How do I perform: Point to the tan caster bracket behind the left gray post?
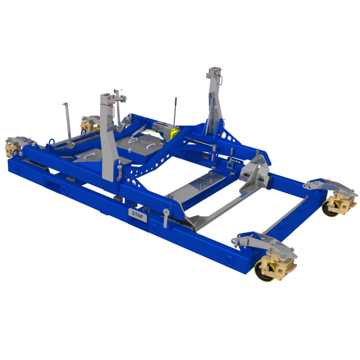(87, 124)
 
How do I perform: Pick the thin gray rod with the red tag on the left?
(67, 122)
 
